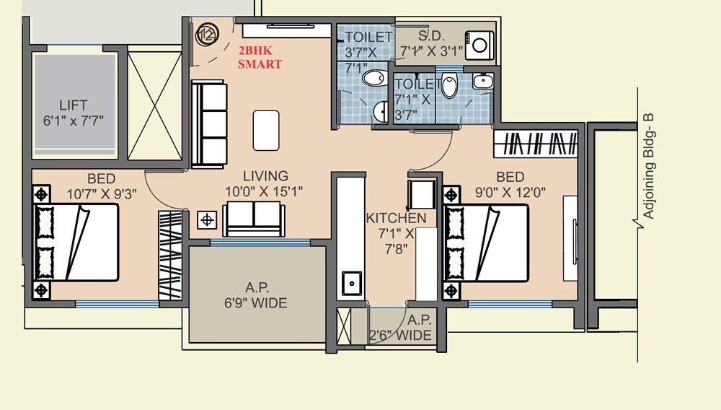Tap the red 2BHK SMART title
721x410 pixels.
click(x=260, y=58)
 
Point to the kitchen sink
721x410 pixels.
click(x=352, y=282)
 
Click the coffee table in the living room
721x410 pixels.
click(x=266, y=130)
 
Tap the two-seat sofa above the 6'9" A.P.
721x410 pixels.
click(x=253, y=218)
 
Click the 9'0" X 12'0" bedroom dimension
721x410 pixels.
click(x=510, y=193)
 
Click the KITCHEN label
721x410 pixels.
click(x=396, y=218)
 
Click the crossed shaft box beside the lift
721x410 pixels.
click(x=154, y=105)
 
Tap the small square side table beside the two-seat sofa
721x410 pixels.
click(x=208, y=219)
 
